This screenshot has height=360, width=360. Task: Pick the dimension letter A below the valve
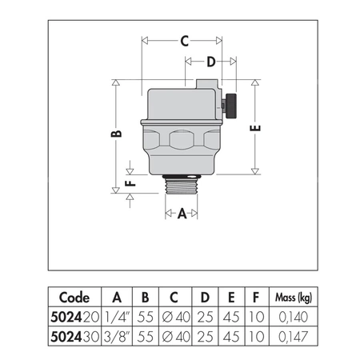tap(182, 214)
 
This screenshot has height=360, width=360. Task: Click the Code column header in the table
tap(74, 294)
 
